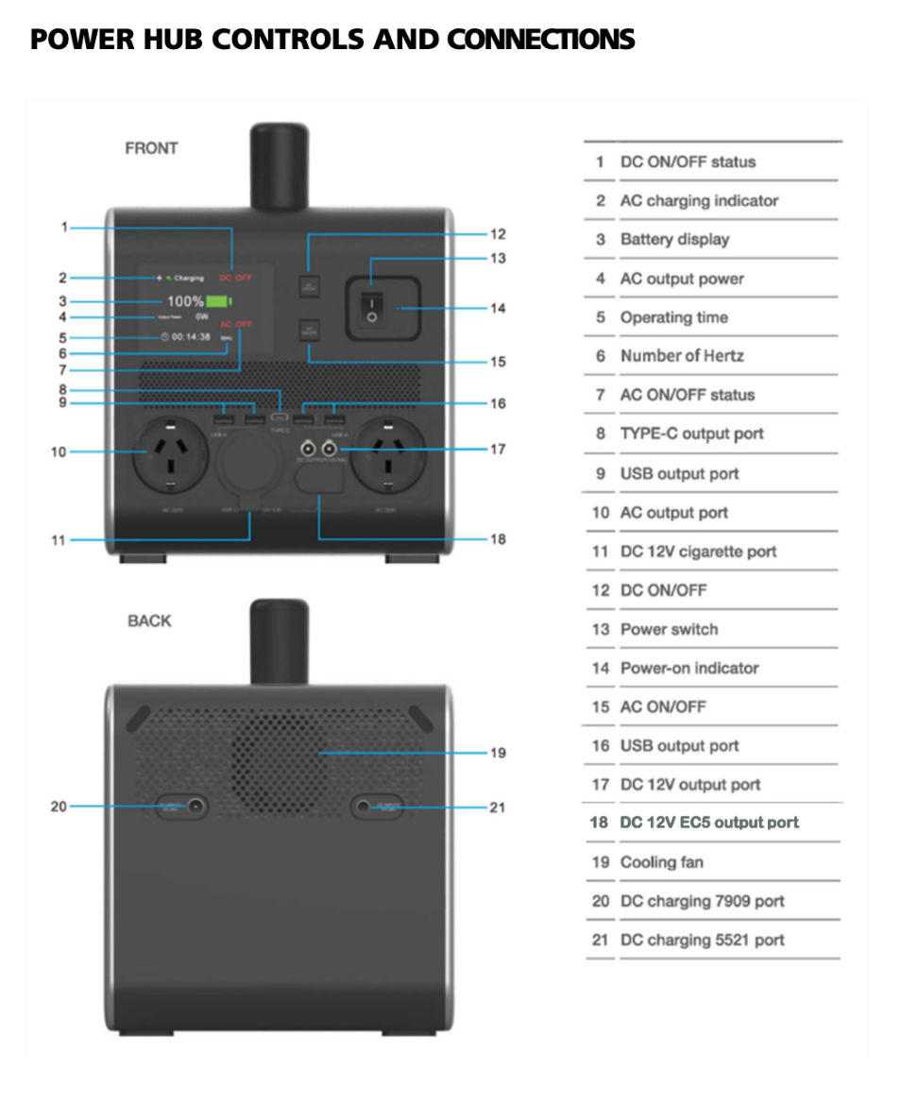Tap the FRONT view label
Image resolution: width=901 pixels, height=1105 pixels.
151,148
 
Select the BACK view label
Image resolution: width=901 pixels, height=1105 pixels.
150,620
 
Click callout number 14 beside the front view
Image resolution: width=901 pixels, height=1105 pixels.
497,308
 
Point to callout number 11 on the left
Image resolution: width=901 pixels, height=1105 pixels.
59,540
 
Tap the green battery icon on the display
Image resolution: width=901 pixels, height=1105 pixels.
218,301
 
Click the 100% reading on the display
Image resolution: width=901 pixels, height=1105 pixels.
185,301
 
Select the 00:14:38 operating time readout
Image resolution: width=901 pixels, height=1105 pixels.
190,336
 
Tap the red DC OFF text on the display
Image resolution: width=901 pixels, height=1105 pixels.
235,278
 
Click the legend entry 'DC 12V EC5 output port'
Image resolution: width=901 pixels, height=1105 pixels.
708,823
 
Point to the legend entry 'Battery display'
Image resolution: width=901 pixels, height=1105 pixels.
674,240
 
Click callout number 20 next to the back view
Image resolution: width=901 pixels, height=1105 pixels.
59,807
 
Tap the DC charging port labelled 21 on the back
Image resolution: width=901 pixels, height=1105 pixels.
365,807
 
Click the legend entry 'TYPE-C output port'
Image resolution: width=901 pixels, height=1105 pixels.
691,434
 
